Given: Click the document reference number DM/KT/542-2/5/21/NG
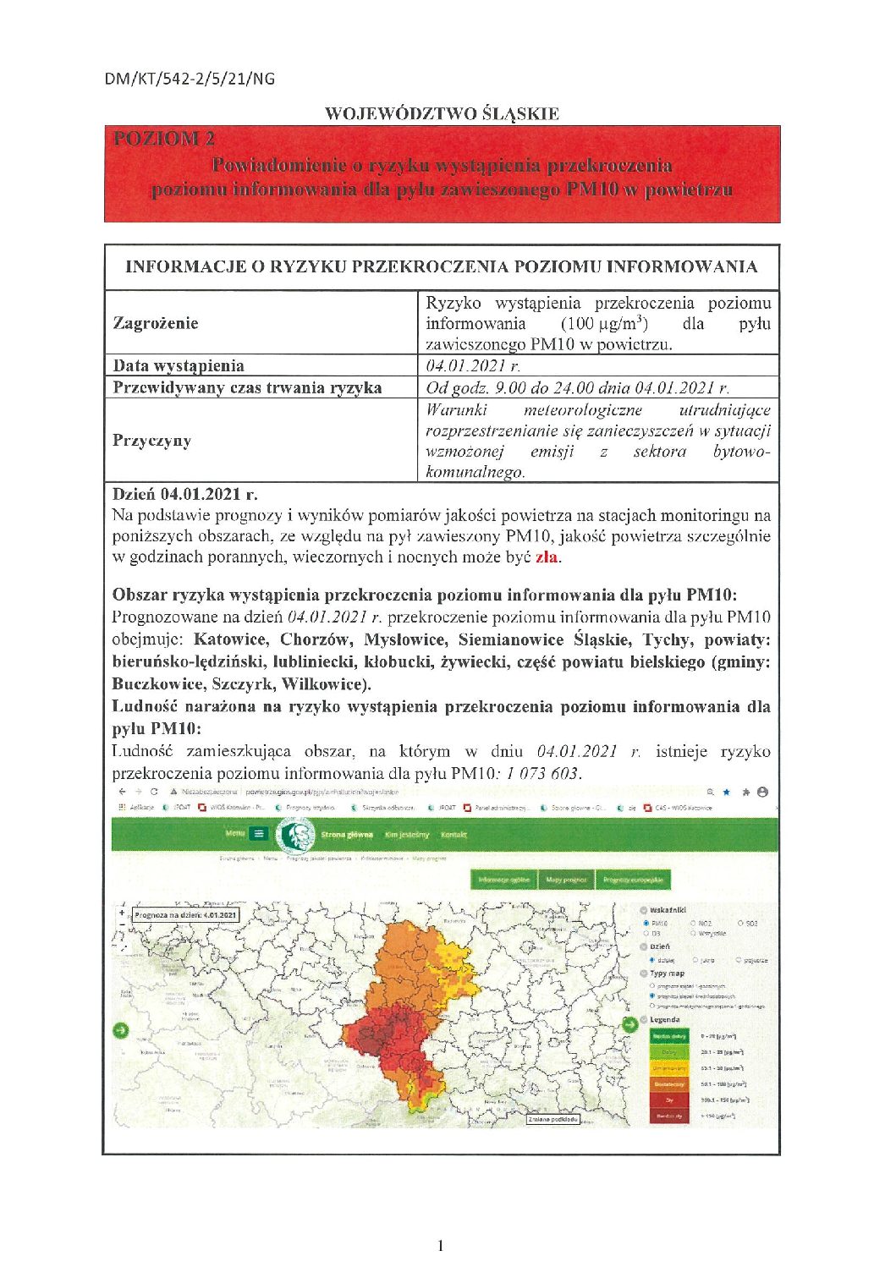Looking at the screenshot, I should pos(190,79).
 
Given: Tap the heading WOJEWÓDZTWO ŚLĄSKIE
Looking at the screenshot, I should pos(442,113).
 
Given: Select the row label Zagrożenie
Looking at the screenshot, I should pos(156,323).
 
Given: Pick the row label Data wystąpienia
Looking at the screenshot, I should pos(179,365).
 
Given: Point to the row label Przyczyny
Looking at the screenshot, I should pos(151,441).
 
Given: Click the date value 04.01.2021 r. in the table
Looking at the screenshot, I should pos(473,365).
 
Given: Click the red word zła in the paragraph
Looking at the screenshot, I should pos(546,557).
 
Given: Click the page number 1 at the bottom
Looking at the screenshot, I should pos(440,1244).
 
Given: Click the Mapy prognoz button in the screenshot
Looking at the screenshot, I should pos(566,880).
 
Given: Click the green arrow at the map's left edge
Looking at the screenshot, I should pos(120,1030).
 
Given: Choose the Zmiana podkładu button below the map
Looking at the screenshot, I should pos(552,1119).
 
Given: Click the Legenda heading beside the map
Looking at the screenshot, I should pos(667,1019).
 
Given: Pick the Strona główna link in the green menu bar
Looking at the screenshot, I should pos(346,835).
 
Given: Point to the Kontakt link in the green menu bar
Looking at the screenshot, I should pos(453,835).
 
